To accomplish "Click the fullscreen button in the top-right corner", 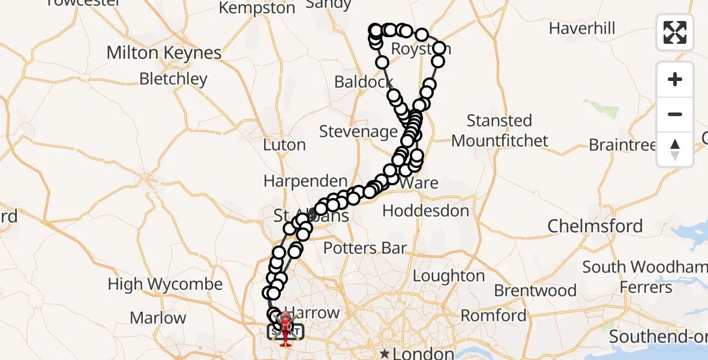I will click(675, 32).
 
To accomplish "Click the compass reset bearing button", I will click(675, 149).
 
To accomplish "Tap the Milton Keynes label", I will click(164, 53).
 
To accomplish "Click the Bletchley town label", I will click(173, 79).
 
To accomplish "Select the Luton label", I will click(284, 145).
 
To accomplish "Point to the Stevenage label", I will click(358, 131).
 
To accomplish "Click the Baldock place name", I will click(364, 82).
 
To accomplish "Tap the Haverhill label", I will click(582, 28).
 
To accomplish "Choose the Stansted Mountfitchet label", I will click(500, 131).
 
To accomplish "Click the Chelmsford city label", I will click(595, 226).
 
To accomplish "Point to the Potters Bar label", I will click(365, 248).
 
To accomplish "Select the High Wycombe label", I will click(165, 284).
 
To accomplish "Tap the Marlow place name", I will click(158, 317).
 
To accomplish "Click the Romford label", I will click(493, 316).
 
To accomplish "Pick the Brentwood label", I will click(535, 291).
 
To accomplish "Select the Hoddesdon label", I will click(426, 211).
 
